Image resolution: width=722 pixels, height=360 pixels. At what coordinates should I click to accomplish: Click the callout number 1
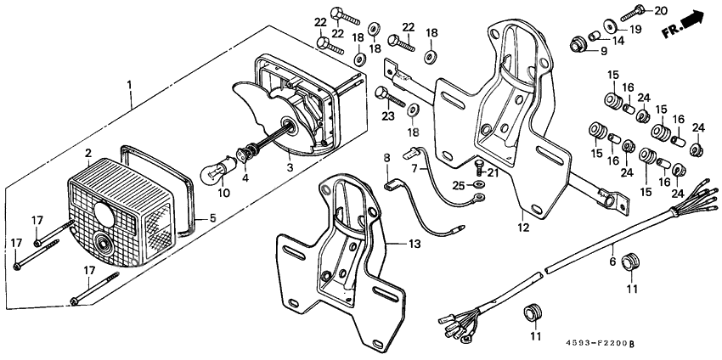coord(129,85)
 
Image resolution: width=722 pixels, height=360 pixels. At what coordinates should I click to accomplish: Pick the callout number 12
coord(522,228)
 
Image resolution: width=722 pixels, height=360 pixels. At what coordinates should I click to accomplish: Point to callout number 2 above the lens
coord(87,153)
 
